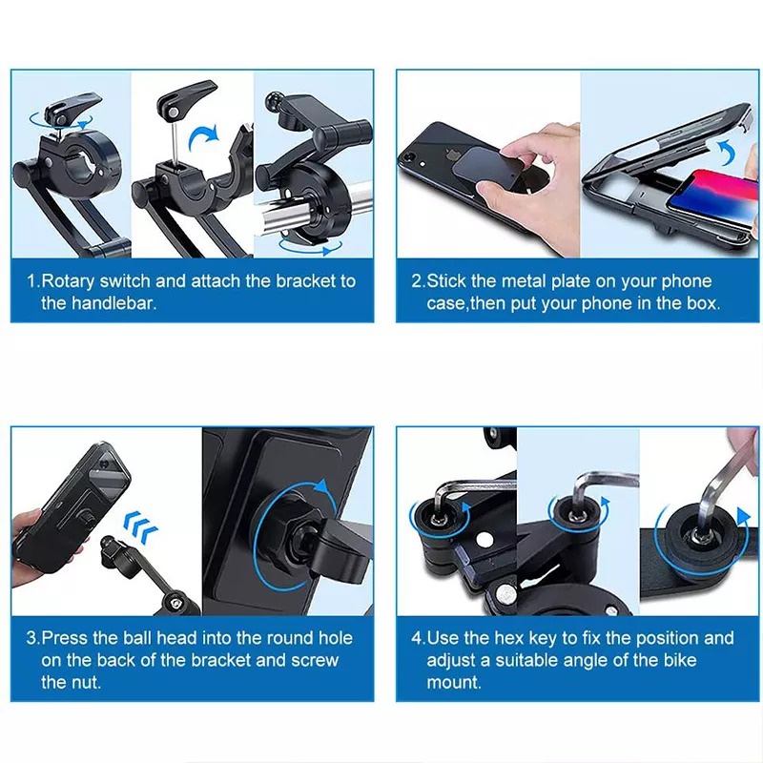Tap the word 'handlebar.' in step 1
pos(113,303)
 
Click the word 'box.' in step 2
pos(703,303)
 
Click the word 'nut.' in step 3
pos(86,682)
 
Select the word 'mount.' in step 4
pos(454,682)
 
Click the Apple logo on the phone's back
pos(453,155)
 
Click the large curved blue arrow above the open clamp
pos(204,137)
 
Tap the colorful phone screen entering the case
pos(711,198)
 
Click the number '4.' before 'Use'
pos(419,638)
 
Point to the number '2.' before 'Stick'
pos(419,281)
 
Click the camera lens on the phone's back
pos(410,156)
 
